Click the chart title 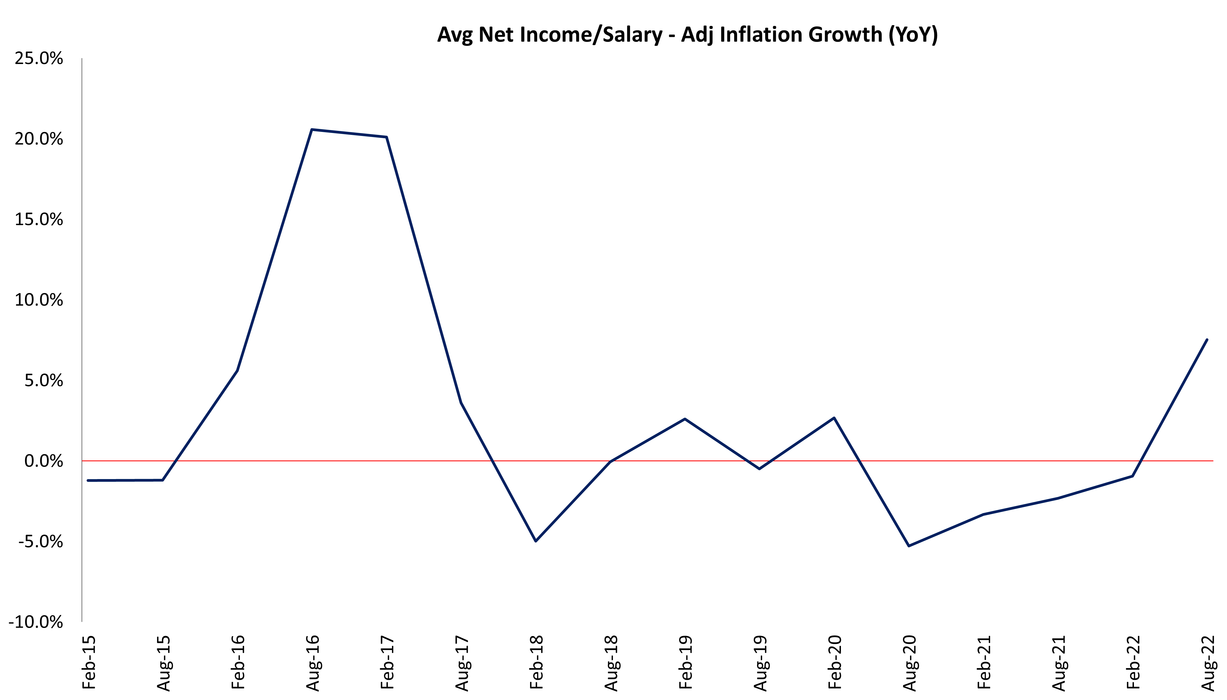[687, 35]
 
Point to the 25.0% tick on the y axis [39, 59]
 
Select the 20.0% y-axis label [39, 139]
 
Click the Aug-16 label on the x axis [312, 663]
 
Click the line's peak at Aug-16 [312, 129]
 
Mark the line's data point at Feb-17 [387, 137]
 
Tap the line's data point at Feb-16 [237, 370]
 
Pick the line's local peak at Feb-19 [685, 419]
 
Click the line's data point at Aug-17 [461, 402]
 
